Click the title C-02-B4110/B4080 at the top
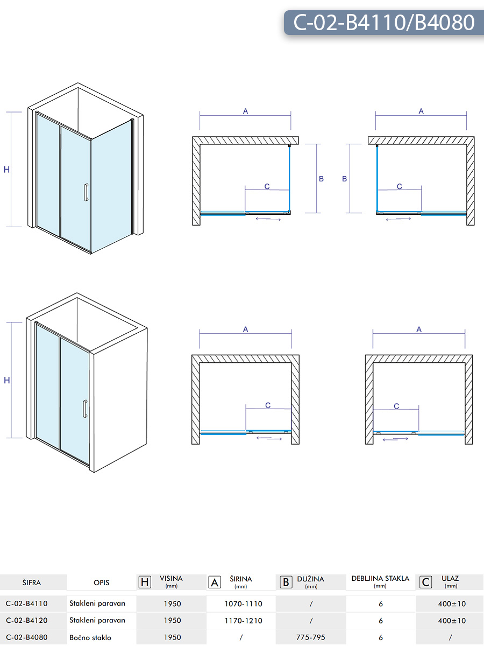pos(384,23)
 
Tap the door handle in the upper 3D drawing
pos(86,192)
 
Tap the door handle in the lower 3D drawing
pos(85,409)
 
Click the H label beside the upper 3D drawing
pos(7,170)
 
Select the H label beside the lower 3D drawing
pos(7,380)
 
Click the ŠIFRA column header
pos(31,582)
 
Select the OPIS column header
pos(102,582)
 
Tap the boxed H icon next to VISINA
pos(145,582)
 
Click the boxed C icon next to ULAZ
pos(426,582)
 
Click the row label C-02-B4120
pos(26,620)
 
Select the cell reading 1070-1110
pos(243,604)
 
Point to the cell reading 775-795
pos(311,637)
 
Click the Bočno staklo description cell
pos(90,637)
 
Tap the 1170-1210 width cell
pos(243,621)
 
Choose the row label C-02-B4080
pos(26,637)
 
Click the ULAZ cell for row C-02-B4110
pos(452,604)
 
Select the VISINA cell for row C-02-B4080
pos(172,637)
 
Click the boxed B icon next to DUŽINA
pos(286,582)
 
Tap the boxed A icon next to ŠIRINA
pos(215,582)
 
